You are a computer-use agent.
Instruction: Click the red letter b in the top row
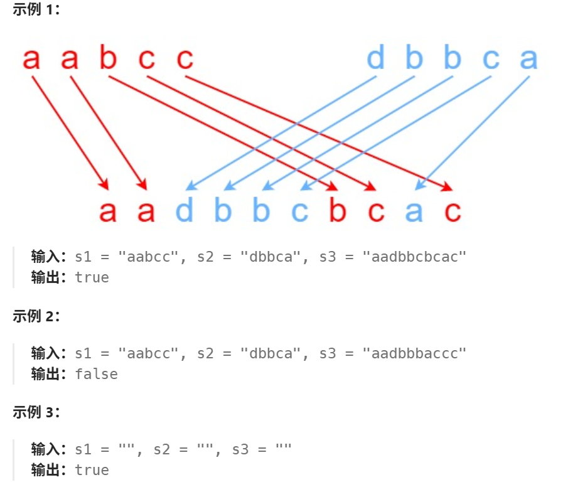[x=108, y=59]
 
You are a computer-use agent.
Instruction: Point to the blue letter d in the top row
[x=375, y=59]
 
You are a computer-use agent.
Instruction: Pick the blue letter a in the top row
[x=528, y=59]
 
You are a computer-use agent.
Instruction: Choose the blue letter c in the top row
[x=491, y=59]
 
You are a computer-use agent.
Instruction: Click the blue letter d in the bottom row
[x=185, y=211]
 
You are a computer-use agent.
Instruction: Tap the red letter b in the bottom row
[x=338, y=211]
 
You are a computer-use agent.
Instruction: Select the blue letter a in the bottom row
[x=414, y=212]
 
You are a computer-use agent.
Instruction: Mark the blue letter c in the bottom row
[x=299, y=212]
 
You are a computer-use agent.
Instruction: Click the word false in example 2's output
[x=96, y=374]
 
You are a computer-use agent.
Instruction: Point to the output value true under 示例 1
[x=92, y=277]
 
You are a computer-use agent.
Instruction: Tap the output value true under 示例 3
[x=92, y=470]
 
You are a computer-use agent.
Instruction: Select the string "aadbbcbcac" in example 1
[x=415, y=257]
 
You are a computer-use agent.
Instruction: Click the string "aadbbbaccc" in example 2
[x=415, y=353]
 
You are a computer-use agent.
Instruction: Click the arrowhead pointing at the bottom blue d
[x=189, y=186]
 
